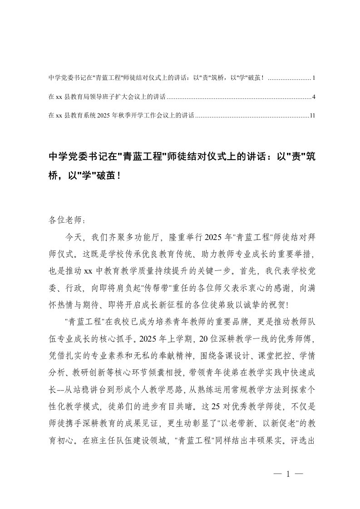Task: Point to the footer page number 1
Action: (288, 474)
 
